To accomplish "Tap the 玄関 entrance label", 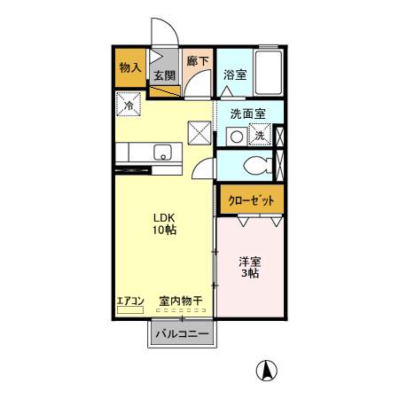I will (162, 76).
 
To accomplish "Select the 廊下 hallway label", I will (197, 62).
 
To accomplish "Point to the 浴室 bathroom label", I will (234, 74).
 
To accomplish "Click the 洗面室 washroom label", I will (248, 113).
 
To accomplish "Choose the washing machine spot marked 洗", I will (260, 136).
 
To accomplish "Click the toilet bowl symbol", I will (255, 164).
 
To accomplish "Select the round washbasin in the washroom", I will (235, 136).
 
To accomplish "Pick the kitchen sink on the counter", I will (162, 153).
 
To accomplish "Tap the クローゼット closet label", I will (251, 199).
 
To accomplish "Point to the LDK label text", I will (164, 216).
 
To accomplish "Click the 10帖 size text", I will (164, 231).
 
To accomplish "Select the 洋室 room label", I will (249, 262).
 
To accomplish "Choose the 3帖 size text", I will (249, 275).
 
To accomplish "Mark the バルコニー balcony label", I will (181, 334).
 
